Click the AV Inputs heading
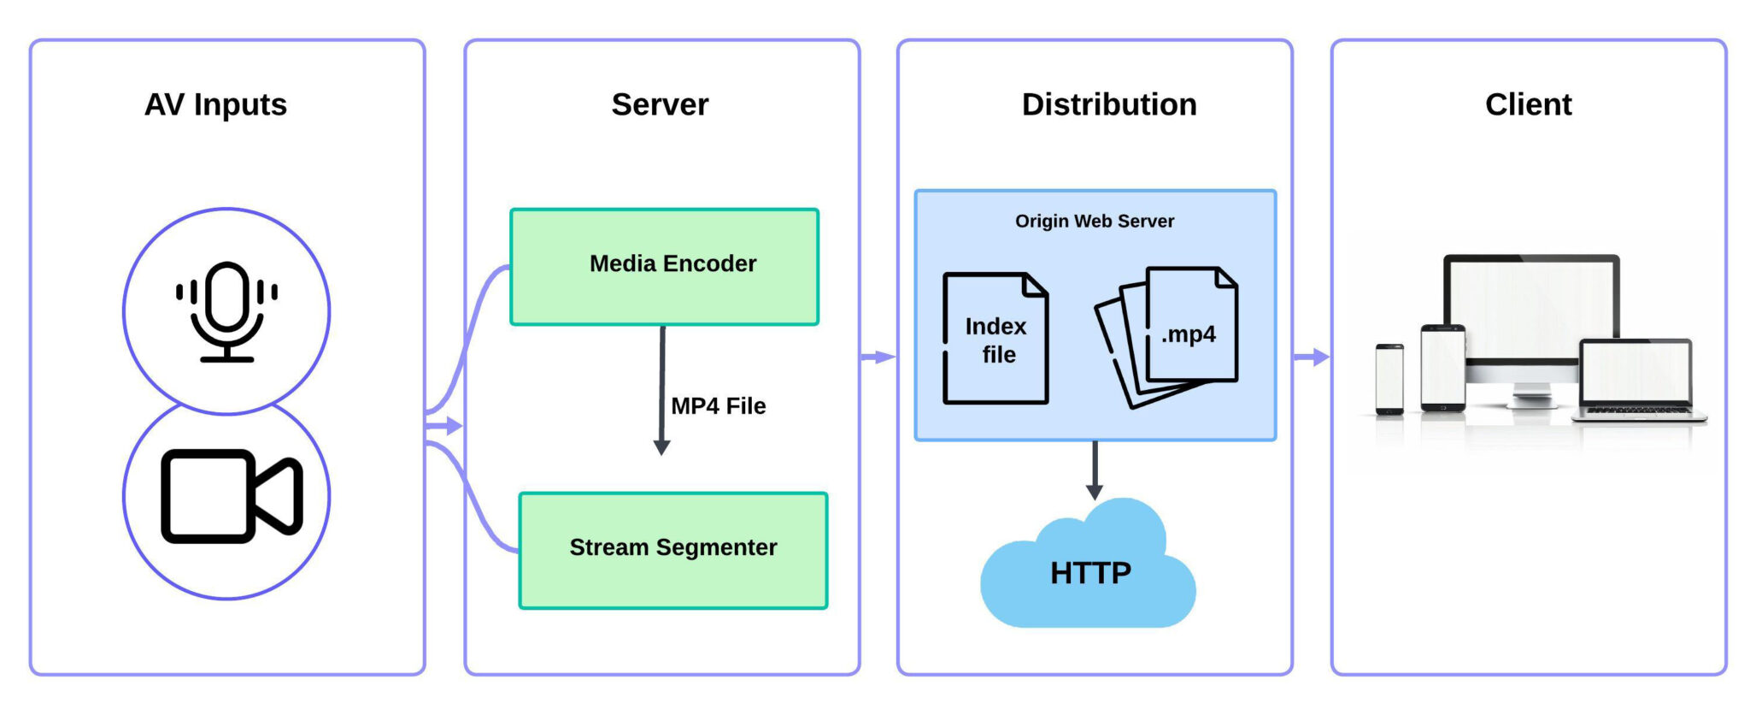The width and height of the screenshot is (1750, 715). [215, 104]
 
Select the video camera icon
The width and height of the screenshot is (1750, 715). [231, 496]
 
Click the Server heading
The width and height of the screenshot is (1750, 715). [660, 104]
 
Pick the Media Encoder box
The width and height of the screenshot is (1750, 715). [664, 266]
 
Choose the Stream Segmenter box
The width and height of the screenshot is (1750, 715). [672, 550]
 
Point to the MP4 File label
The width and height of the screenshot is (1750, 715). [718, 406]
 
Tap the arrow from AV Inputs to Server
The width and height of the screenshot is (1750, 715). [445, 426]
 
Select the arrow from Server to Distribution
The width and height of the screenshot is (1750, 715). [878, 357]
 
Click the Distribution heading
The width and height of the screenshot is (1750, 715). [1108, 104]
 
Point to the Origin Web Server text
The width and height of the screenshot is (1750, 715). [1094, 222]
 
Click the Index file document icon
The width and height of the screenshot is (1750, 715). [995, 339]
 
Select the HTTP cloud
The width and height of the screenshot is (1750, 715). [1089, 572]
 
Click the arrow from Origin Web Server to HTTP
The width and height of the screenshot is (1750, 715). [1095, 470]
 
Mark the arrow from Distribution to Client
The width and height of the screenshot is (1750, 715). [1312, 357]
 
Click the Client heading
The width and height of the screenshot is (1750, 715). [1528, 104]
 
